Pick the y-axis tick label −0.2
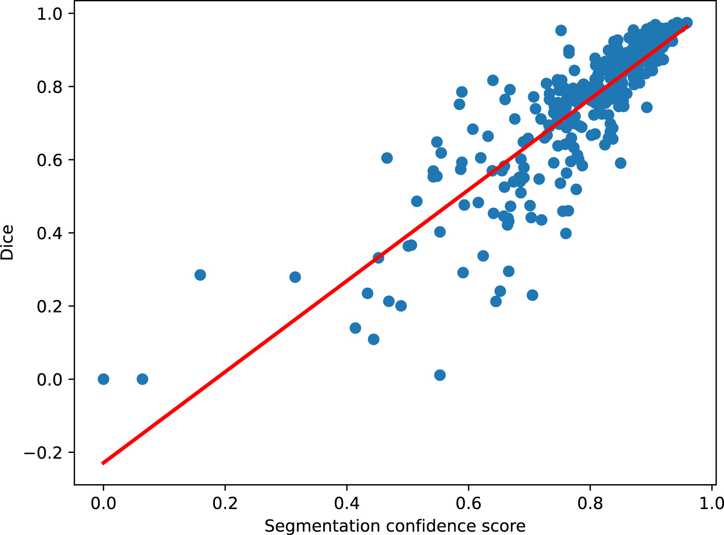coord(43,452)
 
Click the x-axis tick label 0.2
coord(225,503)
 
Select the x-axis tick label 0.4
coord(347,503)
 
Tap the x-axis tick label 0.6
coord(469,503)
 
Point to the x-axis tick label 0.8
coord(590,503)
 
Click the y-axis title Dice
coord(8,242)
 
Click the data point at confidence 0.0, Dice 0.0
coord(103,379)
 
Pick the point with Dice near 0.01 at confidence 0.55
coord(440,375)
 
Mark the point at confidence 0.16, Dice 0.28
coord(200,275)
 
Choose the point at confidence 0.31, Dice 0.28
coord(295,277)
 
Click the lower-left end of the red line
coord(102,463)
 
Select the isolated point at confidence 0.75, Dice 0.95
coord(561,30)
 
